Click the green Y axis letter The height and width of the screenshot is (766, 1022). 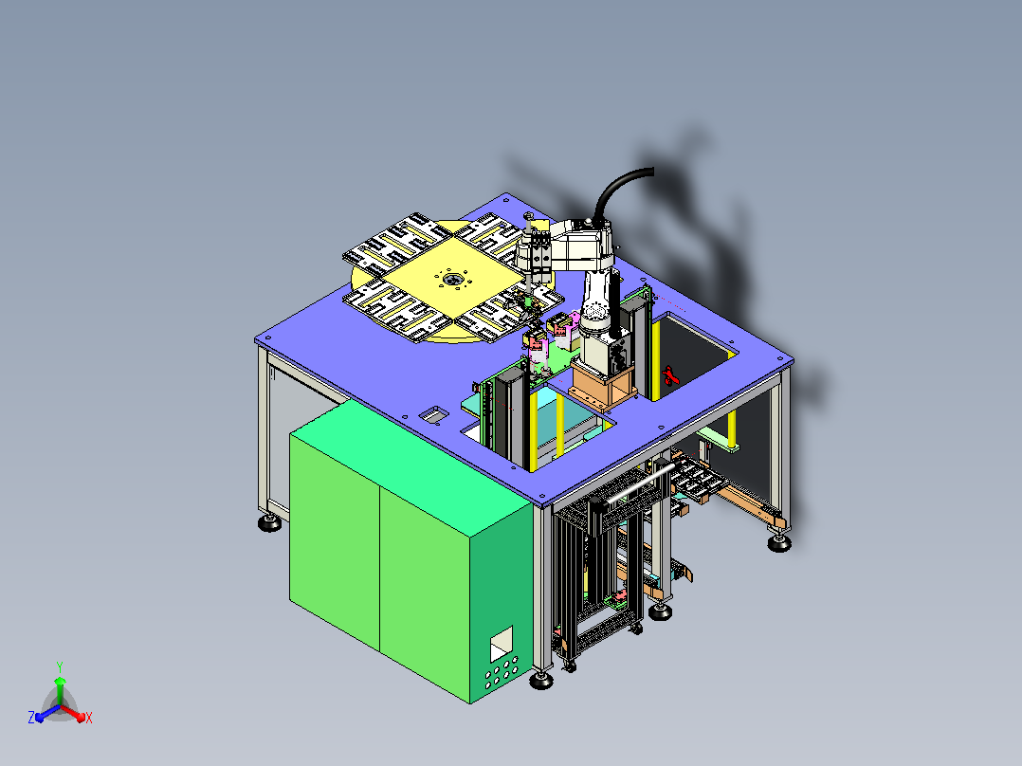coord(60,667)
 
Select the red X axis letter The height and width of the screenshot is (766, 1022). coord(89,718)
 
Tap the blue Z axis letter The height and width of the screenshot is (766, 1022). coord(31,717)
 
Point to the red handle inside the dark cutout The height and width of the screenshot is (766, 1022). coord(670,375)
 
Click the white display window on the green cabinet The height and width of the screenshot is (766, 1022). coord(502,644)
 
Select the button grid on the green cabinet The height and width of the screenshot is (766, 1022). coord(501,671)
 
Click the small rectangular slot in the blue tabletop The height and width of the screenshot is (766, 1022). coord(433,414)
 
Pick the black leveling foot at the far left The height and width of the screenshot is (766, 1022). coord(270,523)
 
